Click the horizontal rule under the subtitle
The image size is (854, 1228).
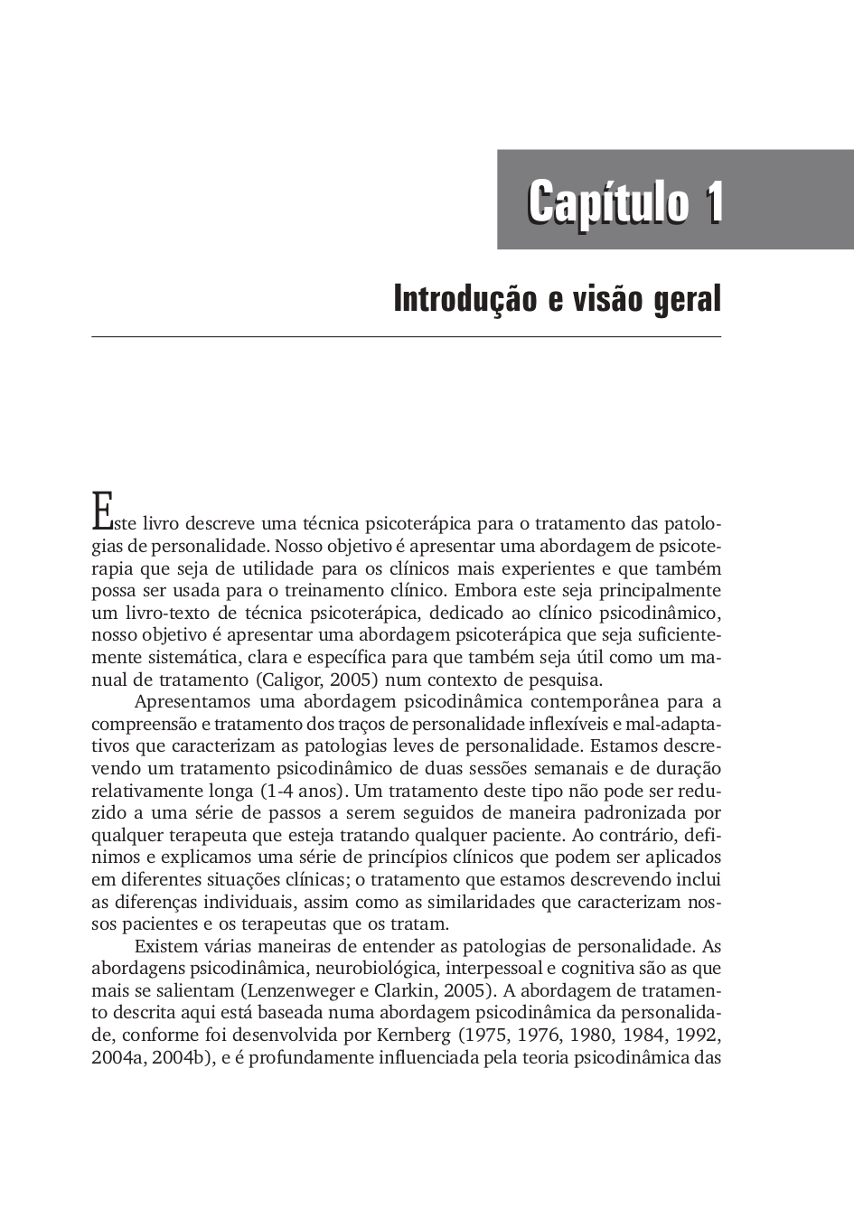pyautogui.click(x=406, y=337)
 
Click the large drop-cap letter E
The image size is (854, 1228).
pyautogui.click(x=101, y=511)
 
